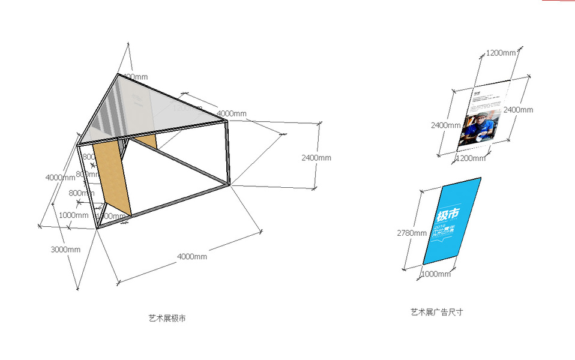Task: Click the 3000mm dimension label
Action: pyautogui.click(x=65, y=250)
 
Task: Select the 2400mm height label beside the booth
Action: pyautogui.click(x=316, y=158)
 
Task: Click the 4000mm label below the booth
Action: pyautogui.click(x=191, y=257)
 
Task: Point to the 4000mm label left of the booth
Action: pyautogui.click(x=60, y=178)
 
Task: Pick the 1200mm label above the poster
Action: pyautogui.click(x=501, y=53)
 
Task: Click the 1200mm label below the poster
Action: pyautogui.click(x=471, y=158)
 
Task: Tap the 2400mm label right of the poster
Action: pyautogui.click(x=518, y=110)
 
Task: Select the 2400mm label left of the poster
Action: pyautogui.click(x=445, y=125)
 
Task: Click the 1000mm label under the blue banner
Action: pyautogui.click(x=435, y=274)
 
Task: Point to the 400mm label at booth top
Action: pyautogui.click(x=135, y=76)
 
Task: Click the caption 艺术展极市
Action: pyautogui.click(x=167, y=318)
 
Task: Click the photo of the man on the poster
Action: pyautogui.click(x=478, y=127)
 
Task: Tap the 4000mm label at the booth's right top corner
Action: pyautogui.click(x=231, y=113)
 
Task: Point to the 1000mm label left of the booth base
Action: pyautogui.click(x=73, y=215)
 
